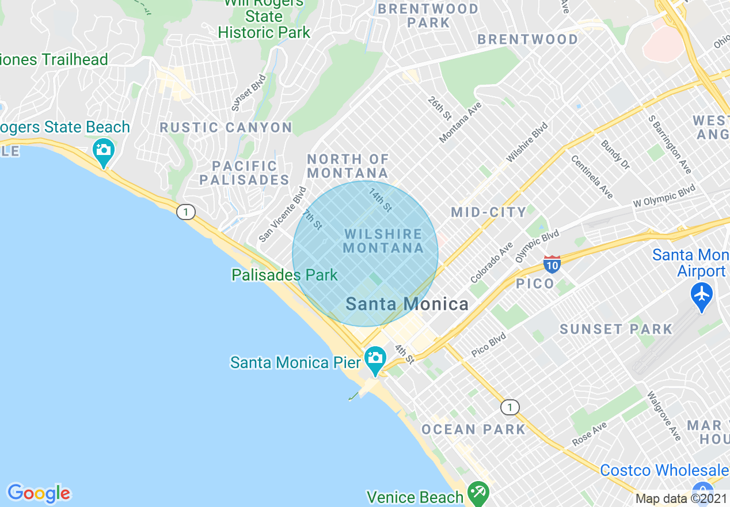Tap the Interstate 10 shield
pyautogui.click(x=552, y=264)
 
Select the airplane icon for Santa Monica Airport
pyautogui.click(x=702, y=295)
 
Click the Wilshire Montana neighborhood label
pyautogui.click(x=383, y=241)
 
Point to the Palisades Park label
pyautogui.click(x=284, y=275)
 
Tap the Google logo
pyautogui.click(x=39, y=493)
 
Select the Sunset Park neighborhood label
pyautogui.click(x=616, y=330)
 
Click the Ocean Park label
pyautogui.click(x=473, y=430)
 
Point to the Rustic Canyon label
pyautogui.click(x=226, y=128)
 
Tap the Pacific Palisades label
pyautogui.click(x=244, y=173)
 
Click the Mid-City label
pyautogui.click(x=489, y=212)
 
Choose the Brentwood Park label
pyautogui.click(x=428, y=16)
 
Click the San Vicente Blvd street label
pyautogui.click(x=283, y=214)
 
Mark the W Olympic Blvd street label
pyautogui.click(x=664, y=196)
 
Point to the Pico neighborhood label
pyautogui.click(x=535, y=283)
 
